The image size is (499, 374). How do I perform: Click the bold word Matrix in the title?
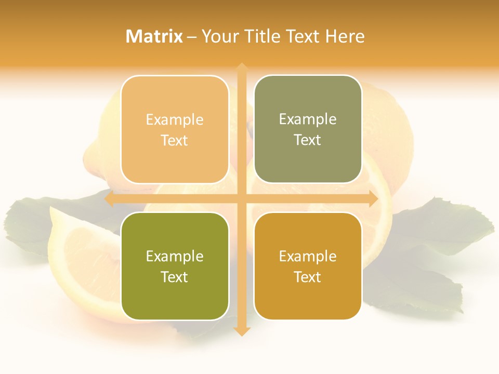point(154,36)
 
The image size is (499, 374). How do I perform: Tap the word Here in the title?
point(344,36)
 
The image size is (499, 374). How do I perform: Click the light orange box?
point(175,129)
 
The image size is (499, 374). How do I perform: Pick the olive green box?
point(175,266)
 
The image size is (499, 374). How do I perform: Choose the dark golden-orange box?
point(308,266)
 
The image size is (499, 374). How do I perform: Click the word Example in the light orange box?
point(175,120)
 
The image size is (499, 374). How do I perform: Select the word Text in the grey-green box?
point(308,140)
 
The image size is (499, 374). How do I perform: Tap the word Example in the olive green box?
point(175,257)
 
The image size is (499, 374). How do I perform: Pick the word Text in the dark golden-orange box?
point(308,277)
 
